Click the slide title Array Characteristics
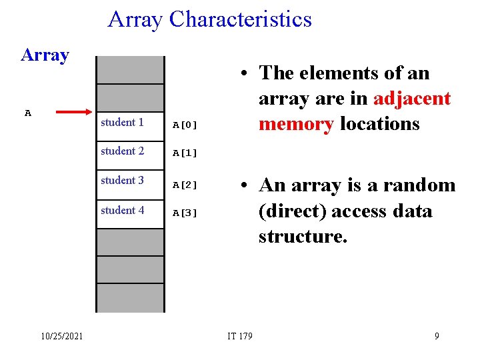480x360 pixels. coord(209,19)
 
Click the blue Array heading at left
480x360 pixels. coord(45,55)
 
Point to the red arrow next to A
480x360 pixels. coord(74,113)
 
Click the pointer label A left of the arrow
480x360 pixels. coord(28,113)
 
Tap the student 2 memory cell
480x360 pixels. coord(130,151)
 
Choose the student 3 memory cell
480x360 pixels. coord(130,181)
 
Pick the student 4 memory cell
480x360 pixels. coord(130,211)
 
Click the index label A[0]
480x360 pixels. coord(185,124)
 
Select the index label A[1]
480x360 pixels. coord(185,153)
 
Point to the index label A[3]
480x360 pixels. coord(185,213)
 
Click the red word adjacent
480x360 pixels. coord(412,99)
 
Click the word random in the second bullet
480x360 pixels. coord(419,185)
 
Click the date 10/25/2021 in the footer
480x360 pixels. coord(61,336)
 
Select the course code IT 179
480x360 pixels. coord(240,336)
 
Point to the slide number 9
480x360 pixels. coord(437,336)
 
